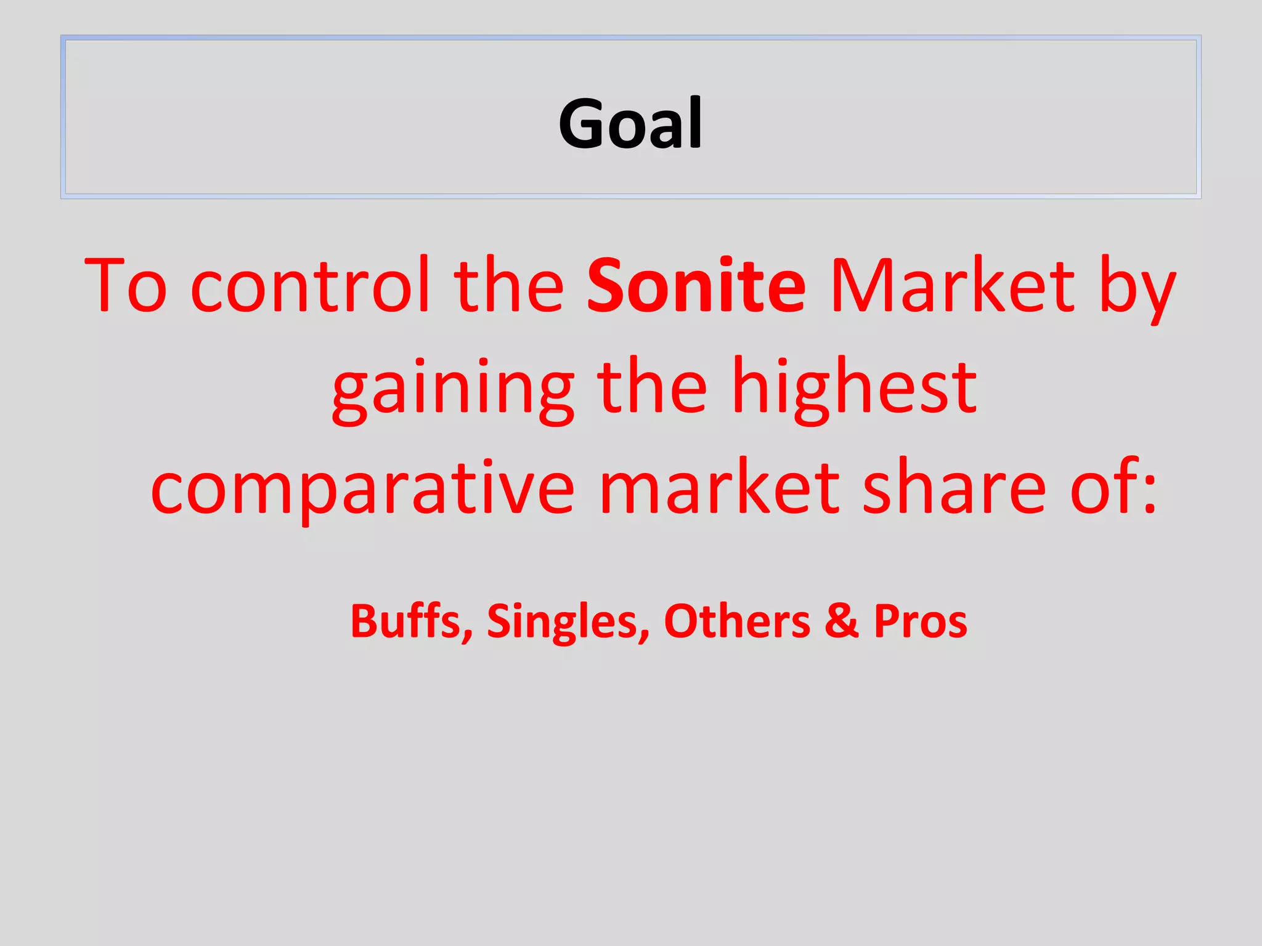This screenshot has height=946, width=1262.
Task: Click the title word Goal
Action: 630,124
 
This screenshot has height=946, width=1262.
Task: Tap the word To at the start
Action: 126,285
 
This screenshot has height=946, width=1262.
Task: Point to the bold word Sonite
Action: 696,285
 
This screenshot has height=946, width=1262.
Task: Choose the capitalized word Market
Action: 952,285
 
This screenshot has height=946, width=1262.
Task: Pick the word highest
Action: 854,388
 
